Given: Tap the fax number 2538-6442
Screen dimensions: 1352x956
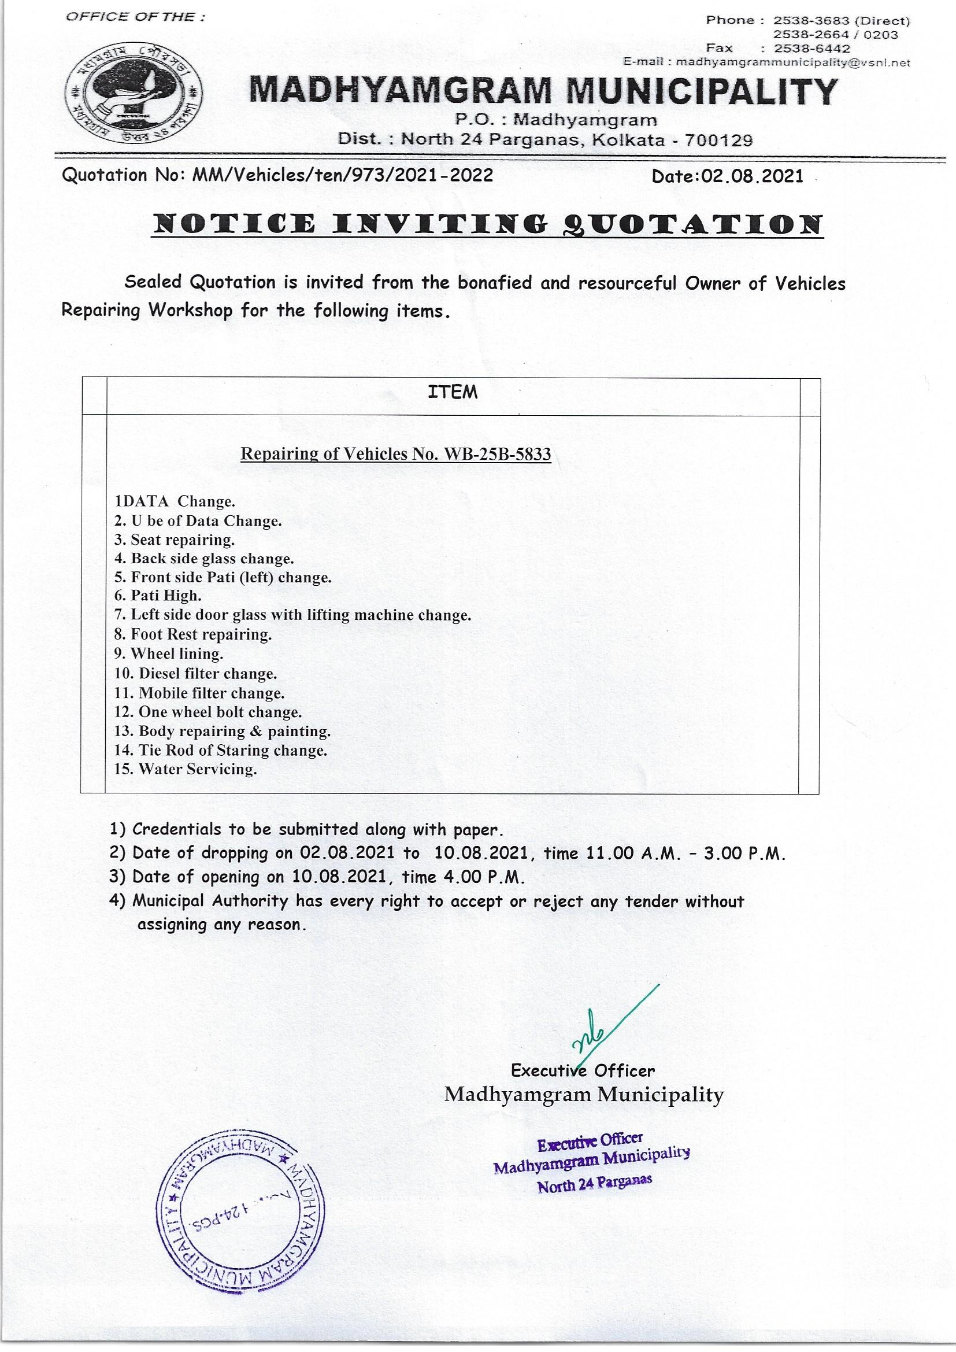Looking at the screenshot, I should pyautogui.click(x=812, y=49).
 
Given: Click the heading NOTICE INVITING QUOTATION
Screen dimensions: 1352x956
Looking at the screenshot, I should pyautogui.click(x=486, y=225).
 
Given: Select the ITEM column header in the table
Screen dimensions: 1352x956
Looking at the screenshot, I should pyautogui.click(x=453, y=392).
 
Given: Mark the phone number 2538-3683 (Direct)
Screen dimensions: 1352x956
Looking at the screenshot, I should pyautogui.click(x=841, y=21).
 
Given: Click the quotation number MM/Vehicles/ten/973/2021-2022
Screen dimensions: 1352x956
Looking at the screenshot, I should pyautogui.click(x=343, y=175).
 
